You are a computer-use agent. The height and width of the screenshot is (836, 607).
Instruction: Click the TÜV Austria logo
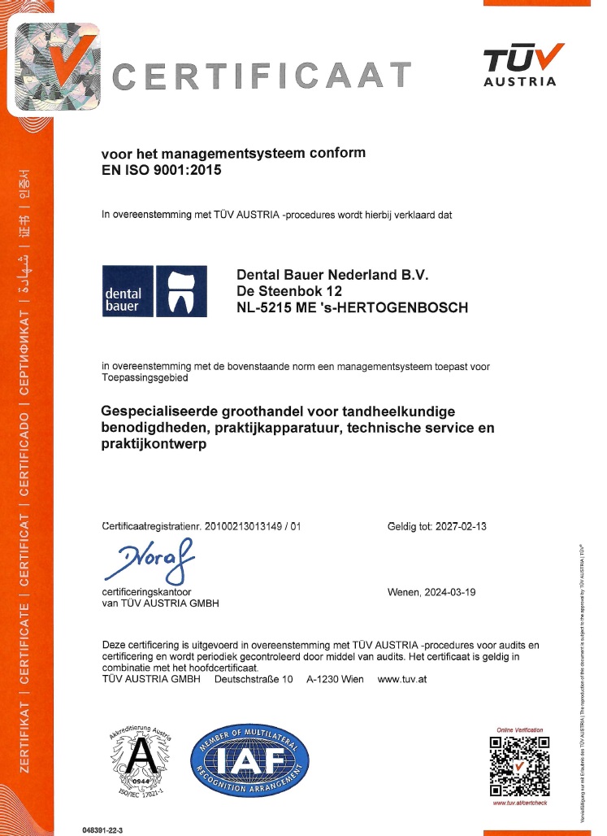tap(520, 64)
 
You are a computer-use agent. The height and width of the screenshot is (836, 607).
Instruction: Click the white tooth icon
tap(180, 292)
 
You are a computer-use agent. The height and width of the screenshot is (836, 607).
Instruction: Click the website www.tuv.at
tap(402, 679)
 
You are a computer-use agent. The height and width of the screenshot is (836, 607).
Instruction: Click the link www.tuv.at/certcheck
tap(520, 803)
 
